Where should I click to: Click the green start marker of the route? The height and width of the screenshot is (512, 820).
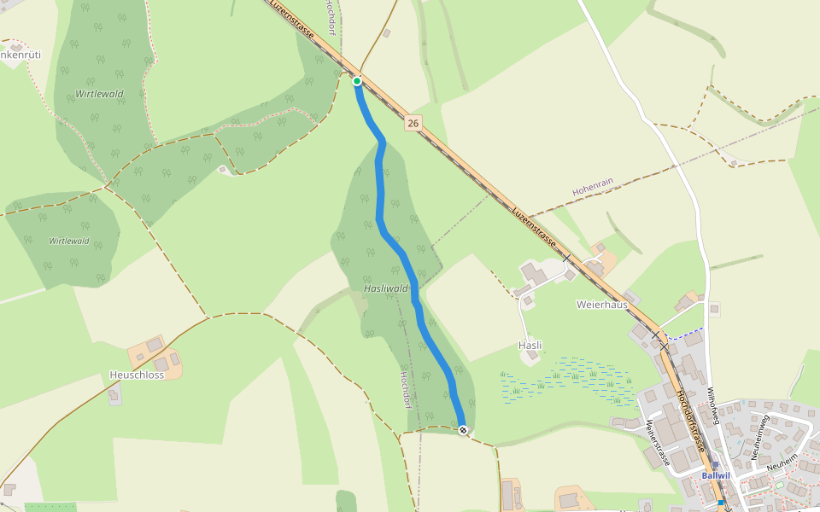(357, 81)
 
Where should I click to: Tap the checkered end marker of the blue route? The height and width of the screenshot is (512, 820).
(463, 430)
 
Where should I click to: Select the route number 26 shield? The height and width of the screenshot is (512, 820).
(413, 124)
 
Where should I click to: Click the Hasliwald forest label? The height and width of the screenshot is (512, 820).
(386, 289)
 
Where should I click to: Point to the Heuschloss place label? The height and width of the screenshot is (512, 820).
(137, 375)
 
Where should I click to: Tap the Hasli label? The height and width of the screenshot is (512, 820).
(530, 346)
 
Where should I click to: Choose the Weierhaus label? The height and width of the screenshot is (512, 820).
(601, 304)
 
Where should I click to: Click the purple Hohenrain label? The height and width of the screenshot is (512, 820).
(594, 188)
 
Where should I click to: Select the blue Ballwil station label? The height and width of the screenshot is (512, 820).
(715, 475)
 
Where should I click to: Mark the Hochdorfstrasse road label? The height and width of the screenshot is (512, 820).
(689, 422)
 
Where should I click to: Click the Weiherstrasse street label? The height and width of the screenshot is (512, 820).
(656, 442)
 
